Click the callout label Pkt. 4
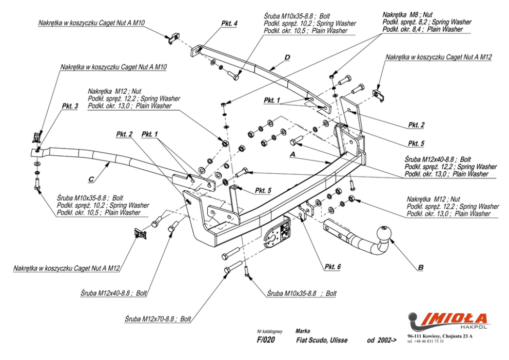[x=229, y=24]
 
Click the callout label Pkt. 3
[x=70, y=106]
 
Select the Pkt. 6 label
[x=332, y=266]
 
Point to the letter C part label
[x=91, y=179]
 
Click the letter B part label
[x=421, y=267]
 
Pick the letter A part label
[x=292, y=153]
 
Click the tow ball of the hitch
[x=385, y=233]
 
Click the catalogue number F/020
[x=266, y=340]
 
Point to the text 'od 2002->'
[x=382, y=340]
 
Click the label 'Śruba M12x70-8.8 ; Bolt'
[x=158, y=318]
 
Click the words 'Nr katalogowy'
[x=270, y=331]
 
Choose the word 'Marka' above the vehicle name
[x=303, y=331]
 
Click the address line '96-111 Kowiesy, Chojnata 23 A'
[x=440, y=336]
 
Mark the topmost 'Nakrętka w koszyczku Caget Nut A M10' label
[x=91, y=23]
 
